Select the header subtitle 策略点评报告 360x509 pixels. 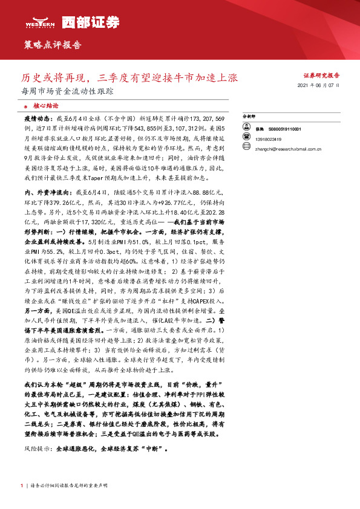point(52,45)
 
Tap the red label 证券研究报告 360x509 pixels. point(321,76)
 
